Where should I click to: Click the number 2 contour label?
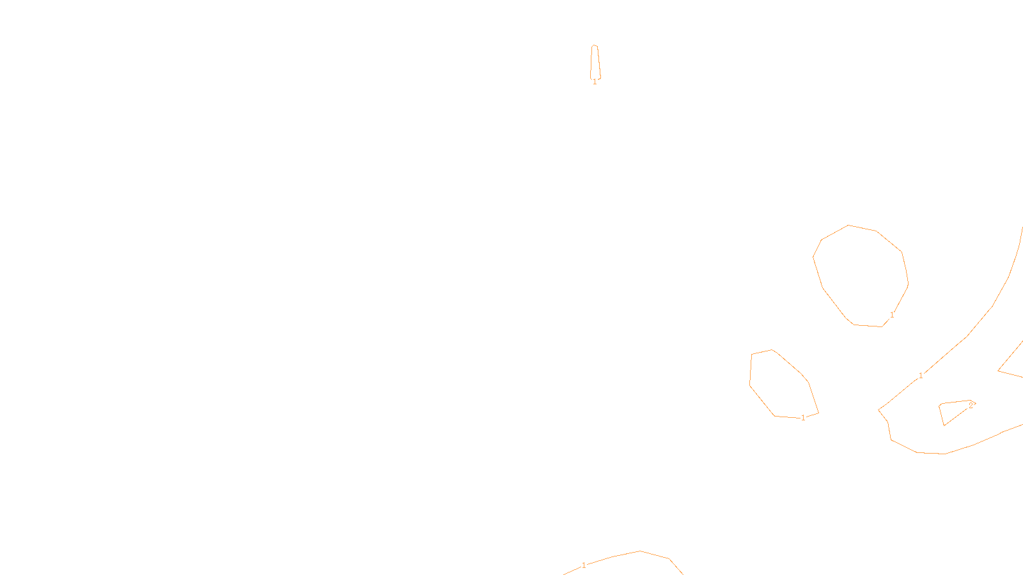click(971, 405)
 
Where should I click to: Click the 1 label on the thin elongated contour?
click(595, 82)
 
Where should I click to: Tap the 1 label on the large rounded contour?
click(892, 315)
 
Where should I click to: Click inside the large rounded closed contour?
click(860, 275)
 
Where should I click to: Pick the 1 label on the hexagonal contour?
click(803, 418)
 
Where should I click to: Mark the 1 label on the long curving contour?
click(921, 376)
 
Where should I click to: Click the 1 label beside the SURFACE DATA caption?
click(584, 565)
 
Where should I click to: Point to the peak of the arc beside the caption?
click(640, 551)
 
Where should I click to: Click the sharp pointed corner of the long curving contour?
click(879, 409)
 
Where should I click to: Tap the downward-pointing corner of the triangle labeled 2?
click(944, 425)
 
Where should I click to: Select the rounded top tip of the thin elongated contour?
click(595, 45)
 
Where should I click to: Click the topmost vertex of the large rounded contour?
click(848, 225)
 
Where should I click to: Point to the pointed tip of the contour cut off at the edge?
click(999, 371)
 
